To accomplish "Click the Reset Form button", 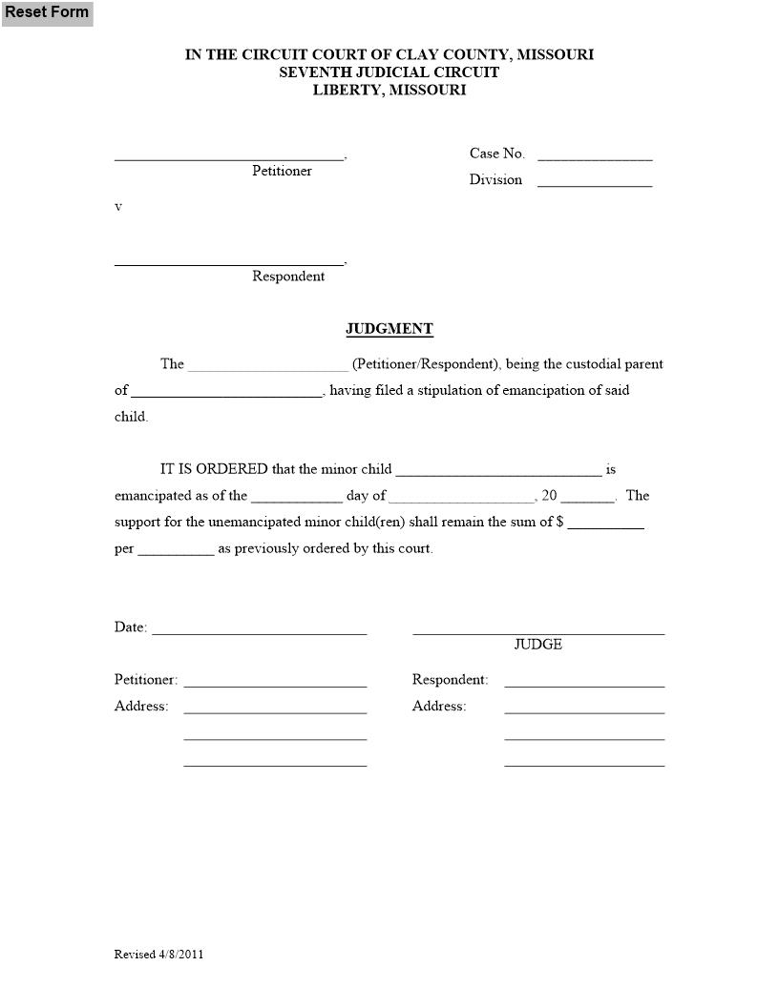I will tap(47, 12).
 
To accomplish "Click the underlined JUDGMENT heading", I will tap(389, 329).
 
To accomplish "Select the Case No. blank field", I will tap(595, 155).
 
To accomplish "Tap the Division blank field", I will tap(595, 181).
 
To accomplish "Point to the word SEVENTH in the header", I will tap(311, 72).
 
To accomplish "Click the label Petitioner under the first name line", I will tap(282, 171).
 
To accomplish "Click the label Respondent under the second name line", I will tap(288, 277).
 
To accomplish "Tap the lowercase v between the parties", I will tap(118, 207).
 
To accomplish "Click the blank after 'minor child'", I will tap(498, 470).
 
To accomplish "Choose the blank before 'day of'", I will tap(296, 497).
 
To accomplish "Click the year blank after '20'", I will tap(593, 497).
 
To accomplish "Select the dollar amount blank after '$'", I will tap(605, 523).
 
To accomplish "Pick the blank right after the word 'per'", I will tap(176, 549).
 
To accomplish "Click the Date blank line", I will tap(259, 629).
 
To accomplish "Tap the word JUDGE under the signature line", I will tap(538, 645).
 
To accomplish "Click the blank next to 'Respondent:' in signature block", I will tap(584, 682).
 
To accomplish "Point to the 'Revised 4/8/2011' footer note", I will tap(158, 955).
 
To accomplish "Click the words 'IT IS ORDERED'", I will tap(214, 470).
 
